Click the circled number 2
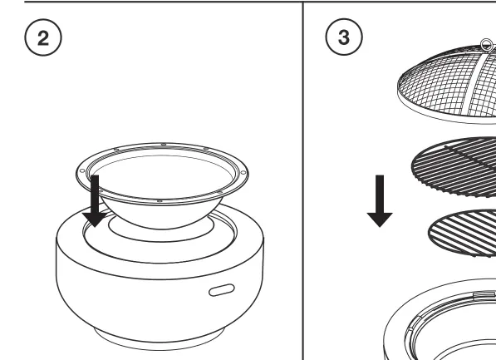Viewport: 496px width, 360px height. click(x=43, y=37)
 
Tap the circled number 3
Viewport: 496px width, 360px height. click(x=344, y=37)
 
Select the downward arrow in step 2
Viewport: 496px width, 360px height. click(x=95, y=201)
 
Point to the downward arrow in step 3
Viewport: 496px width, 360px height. click(x=380, y=201)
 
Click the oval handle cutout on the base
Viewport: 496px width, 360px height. click(x=222, y=289)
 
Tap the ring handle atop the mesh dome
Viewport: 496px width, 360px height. click(x=487, y=44)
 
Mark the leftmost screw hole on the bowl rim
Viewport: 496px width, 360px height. click(x=82, y=171)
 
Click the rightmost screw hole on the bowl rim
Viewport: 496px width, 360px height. click(x=243, y=172)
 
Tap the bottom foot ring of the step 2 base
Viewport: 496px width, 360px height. click(x=160, y=343)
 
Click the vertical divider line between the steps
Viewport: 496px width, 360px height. click(x=303, y=180)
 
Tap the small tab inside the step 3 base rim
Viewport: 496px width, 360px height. click(x=484, y=295)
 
